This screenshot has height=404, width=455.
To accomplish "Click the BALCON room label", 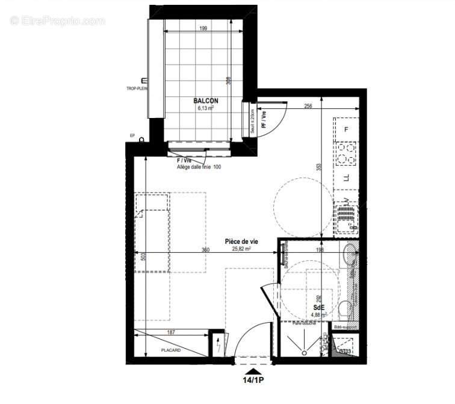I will click(x=206, y=101).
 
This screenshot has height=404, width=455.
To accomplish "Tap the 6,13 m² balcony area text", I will click(x=206, y=109).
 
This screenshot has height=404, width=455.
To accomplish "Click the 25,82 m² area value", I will click(x=242, y=248).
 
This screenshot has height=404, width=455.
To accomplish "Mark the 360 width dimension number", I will click(x=205, y=249).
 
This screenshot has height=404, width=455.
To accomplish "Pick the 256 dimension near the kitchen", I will click(x=309, y=107).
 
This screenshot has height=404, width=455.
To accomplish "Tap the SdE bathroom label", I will click(x=318, y=307).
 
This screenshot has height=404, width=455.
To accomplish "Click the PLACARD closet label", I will click(x=171, y=350).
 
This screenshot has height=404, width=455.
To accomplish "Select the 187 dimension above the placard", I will click(x=170, y=332).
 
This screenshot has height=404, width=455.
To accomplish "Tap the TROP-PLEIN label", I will click(x=137, y=88).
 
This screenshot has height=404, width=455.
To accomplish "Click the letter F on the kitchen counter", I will click(x=346, y=129).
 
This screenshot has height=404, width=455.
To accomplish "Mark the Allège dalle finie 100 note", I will click(x=199, y=167).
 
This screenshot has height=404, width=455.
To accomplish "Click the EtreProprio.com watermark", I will click(x=58, y=21).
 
